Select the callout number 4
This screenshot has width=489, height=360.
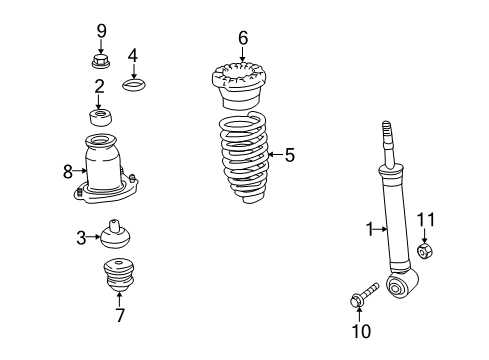[133, 55]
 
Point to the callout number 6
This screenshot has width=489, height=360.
[242, 38]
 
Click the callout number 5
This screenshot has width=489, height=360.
[290, 154]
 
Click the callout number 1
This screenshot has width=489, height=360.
[368, 229]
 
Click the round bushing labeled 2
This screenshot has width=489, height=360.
[100, 117]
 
